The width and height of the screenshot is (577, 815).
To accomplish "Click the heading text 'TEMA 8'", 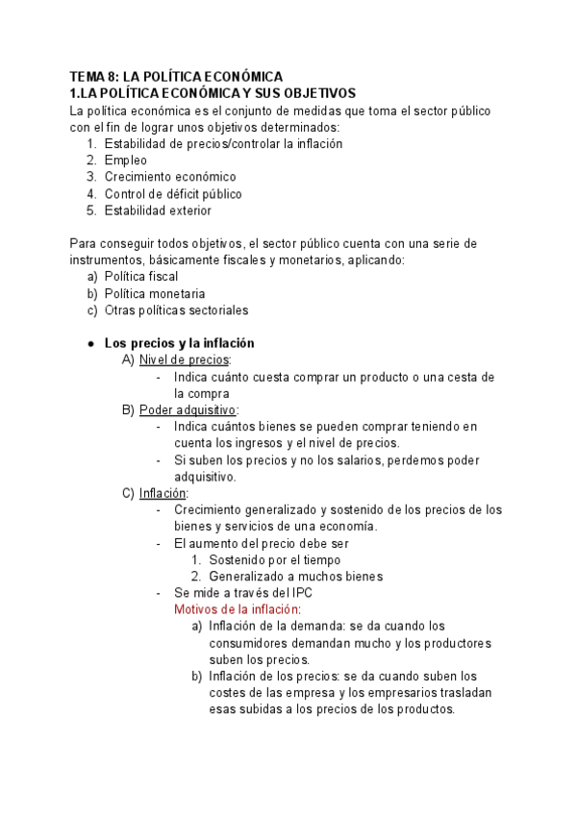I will [x=94, y=76].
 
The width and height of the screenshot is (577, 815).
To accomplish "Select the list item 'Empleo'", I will [x=126, y=161].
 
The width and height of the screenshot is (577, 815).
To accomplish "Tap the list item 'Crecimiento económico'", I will [x=170, y=177].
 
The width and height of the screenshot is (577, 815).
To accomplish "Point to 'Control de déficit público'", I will [x=173, y=194].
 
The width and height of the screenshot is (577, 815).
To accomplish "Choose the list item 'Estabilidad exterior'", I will [x=158, y=210].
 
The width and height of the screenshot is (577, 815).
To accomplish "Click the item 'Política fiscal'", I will [x=141, y=276].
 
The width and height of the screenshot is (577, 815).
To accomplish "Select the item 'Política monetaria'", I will [x=154, y=293].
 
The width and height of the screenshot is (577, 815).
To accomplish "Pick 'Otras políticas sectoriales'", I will [x=176, y=310].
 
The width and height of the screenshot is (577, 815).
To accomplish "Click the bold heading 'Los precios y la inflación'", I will [x=179, y=343].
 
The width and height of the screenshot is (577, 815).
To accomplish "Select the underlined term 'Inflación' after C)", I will [x=163, y=494].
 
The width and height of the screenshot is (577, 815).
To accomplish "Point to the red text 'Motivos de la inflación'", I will [x=237, y=609].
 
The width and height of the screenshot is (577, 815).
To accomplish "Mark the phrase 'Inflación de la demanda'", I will [x=276, y=626].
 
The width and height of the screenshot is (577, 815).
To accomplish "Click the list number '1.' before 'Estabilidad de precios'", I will [x=91, y=143].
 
